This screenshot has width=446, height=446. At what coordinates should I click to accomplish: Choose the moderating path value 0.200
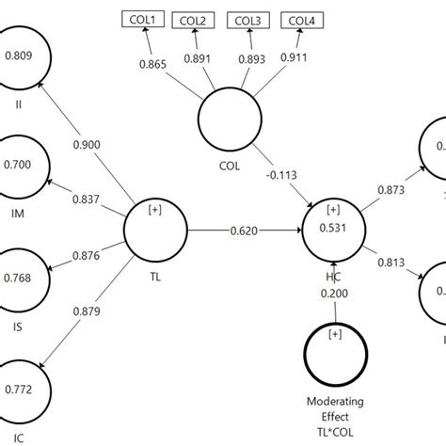point(333,292)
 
